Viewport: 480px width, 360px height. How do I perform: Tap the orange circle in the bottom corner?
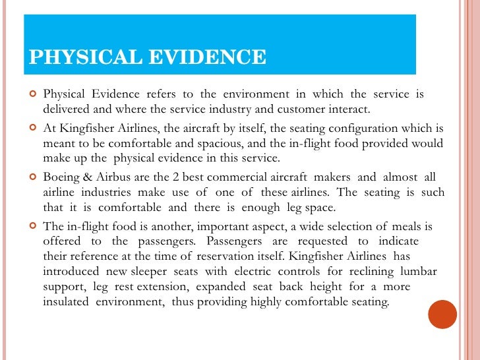pyautogui.click(x=442, y=315)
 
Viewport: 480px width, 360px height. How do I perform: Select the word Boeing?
pyautogui.click(x=61, y=177)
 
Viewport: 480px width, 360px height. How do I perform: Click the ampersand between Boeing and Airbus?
pyautogui.click(x=88, y=177)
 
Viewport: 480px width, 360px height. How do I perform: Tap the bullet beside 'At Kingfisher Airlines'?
pyautogui.click(x=32, y=127)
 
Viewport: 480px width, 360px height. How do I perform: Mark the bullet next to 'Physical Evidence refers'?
pyautogui.click(x=32, y=94)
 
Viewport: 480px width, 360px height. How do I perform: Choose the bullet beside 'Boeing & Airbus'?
pyautogui.click(x=32, y=177)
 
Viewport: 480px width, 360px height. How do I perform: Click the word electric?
pyautogui.click(x=252, y=272)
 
